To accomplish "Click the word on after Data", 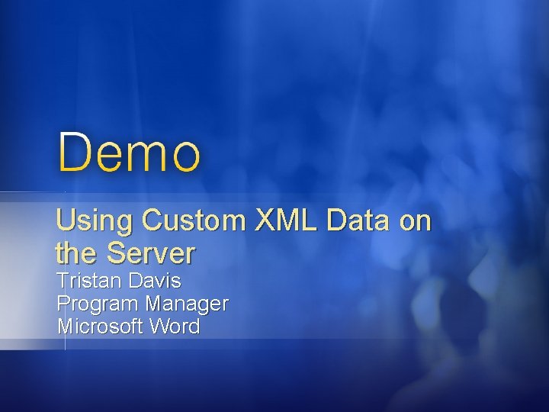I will tap(413, 223).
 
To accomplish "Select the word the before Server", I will tap(78, 252).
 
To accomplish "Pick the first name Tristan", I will tap(89, 281).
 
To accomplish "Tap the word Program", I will tap(99, 304).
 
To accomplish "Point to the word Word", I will tap(175, 327).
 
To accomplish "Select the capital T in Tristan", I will tap(63, 281).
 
